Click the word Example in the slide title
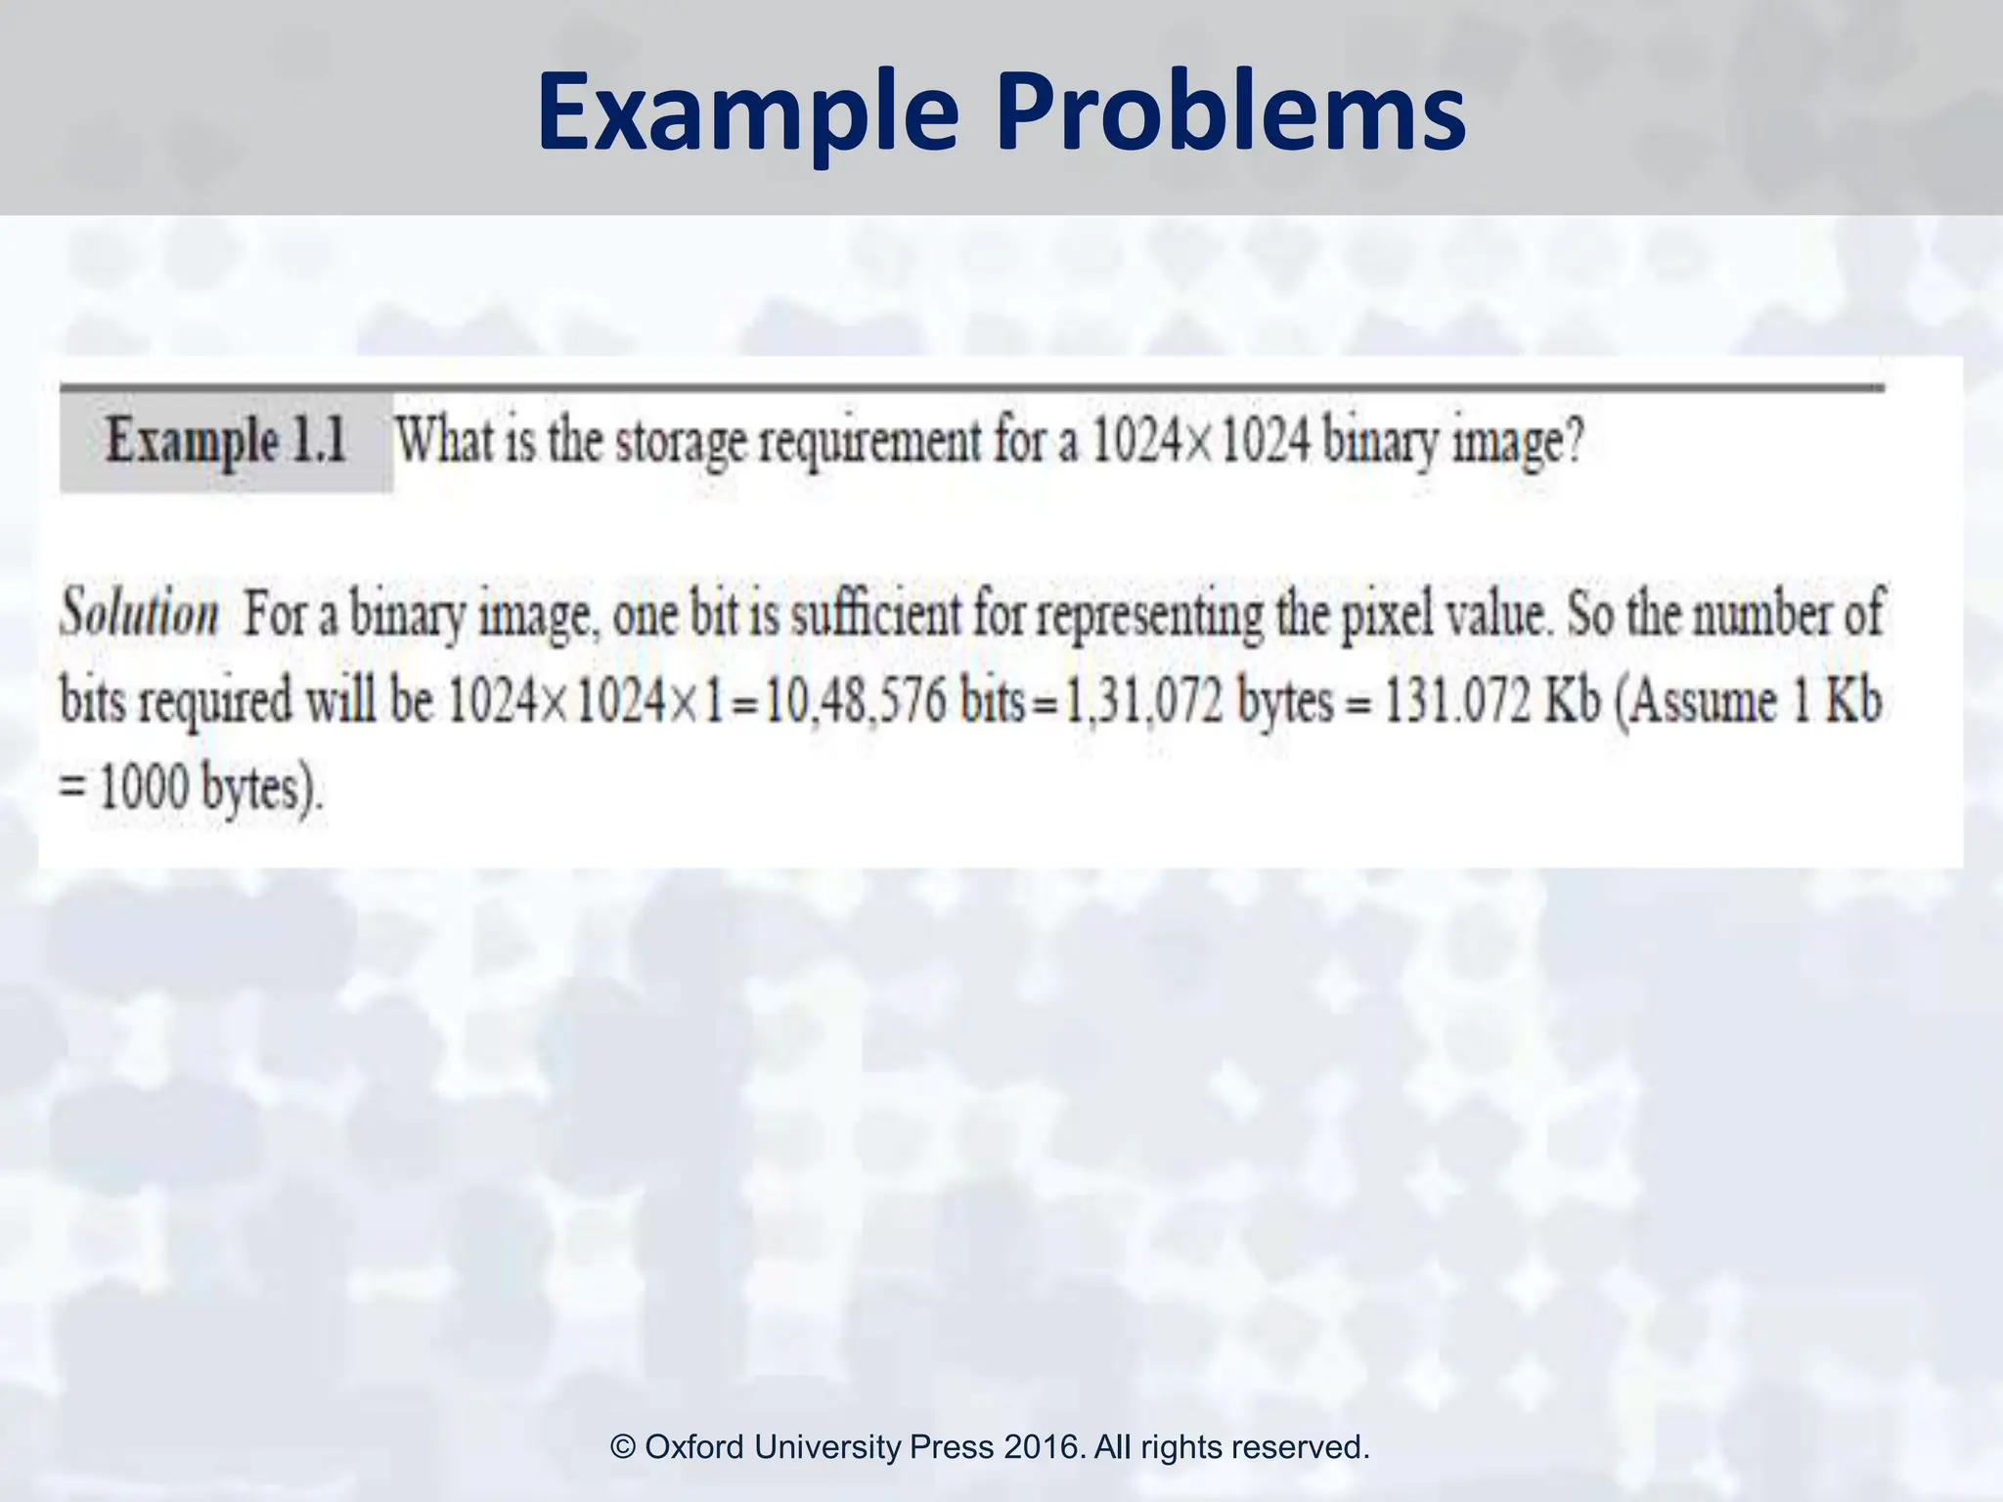(747, 112)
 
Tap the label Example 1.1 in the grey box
(226, 441)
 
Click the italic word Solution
(139, 614)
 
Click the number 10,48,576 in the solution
(855, 702)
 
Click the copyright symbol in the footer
(623, 1446)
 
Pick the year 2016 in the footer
(1044, 1446)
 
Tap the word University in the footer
(828, 1446)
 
